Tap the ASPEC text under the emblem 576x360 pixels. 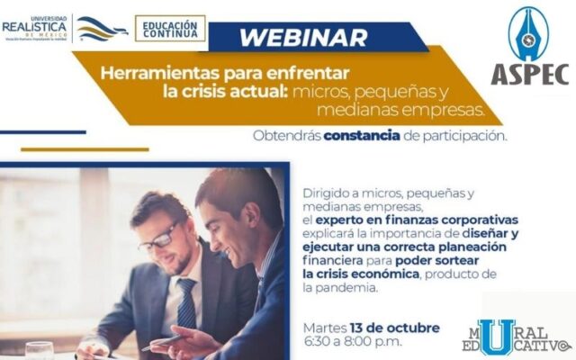click(x=530, y=74)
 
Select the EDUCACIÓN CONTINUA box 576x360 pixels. click(x=170, y=28)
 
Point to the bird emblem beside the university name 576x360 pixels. click(x=102, y=29)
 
